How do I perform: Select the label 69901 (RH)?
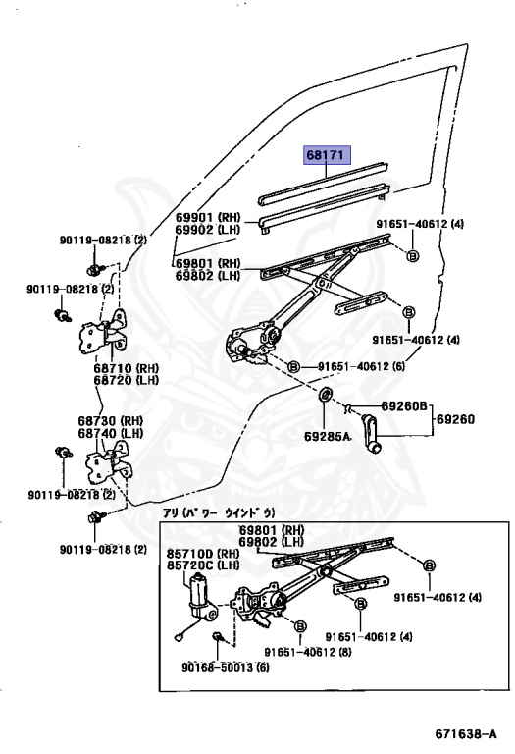208,218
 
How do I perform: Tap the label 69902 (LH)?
208,231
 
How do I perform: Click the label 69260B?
405,405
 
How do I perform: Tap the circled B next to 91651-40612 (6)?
293,367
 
